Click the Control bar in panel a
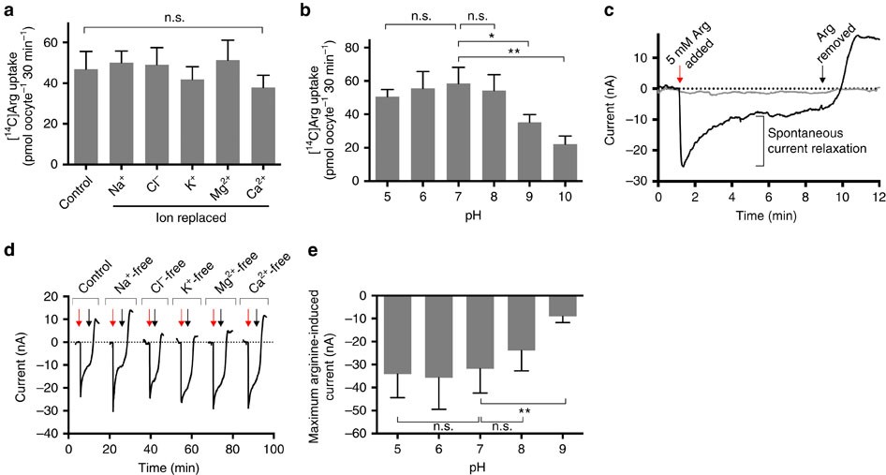(x=86, y=118)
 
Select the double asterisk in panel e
(x=524, y=410)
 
